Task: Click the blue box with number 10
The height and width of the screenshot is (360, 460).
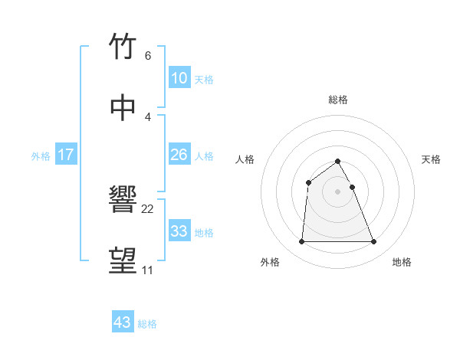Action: coord(179,78)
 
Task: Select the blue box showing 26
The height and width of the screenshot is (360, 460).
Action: coord(179,155)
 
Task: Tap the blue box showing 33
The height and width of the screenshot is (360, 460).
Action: coord(179,231)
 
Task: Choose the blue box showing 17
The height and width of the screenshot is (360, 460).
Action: coord(65,155)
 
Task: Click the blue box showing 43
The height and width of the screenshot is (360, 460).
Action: coord(123,322)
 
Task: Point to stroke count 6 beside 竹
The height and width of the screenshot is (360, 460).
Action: coord(147,56)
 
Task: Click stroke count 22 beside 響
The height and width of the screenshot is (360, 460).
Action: coord(148,209)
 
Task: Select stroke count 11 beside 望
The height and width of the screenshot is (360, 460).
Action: coord(147,270)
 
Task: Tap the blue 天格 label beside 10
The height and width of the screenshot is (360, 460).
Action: coord(204,79)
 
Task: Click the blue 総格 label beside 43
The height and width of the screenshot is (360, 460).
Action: coord(147,324)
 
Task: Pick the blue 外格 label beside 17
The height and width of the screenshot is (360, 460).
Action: coord(41,155)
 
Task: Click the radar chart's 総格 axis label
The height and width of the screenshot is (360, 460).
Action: coord(337,100)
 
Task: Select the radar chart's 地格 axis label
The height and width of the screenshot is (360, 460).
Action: coord(402,262)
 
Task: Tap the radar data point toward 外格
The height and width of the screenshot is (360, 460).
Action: coord(301,242)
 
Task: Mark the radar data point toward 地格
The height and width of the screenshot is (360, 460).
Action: coord(374,242)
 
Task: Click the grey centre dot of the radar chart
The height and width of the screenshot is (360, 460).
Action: coord(337,191)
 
